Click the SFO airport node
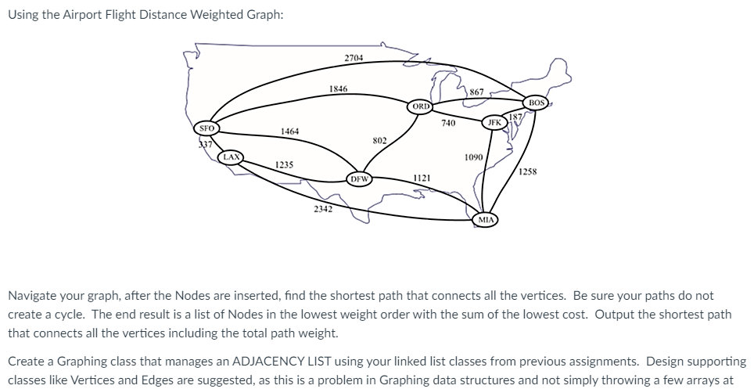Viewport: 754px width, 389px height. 207,128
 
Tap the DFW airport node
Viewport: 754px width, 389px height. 359,178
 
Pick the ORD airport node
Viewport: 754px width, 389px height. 421,106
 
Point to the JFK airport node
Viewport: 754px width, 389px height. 494,123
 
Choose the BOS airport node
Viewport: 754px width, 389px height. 536,103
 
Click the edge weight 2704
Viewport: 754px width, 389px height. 354,58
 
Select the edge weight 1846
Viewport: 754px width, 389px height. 339,89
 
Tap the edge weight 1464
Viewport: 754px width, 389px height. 289,131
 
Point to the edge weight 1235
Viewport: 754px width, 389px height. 285,164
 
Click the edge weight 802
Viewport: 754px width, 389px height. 379,141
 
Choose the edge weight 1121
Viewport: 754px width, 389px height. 421,178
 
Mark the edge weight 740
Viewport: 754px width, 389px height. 448,124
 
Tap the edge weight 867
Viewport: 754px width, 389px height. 476,92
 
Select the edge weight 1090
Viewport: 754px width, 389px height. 473,157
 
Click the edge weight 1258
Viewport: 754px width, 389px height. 528,171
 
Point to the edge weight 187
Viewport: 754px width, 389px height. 514,117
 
